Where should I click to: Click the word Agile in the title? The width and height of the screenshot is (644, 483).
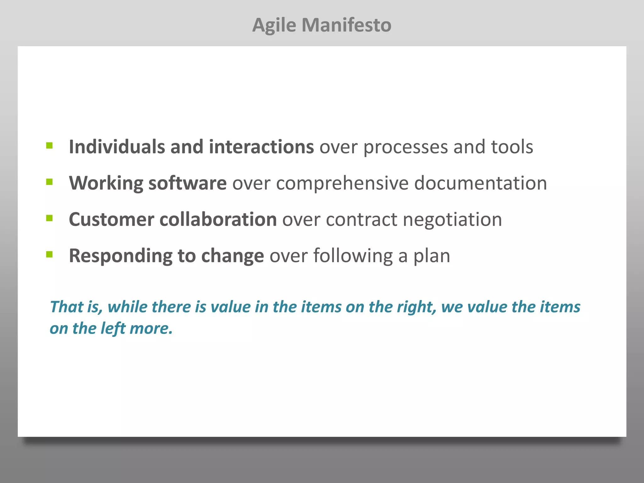pos(274,25)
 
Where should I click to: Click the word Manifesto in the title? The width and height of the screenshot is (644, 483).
pos(347,25)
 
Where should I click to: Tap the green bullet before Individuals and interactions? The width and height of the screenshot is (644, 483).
pos(49,145)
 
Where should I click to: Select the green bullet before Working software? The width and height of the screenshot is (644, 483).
pos(49,182)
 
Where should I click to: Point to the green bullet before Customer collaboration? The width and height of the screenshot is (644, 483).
pos(49,218)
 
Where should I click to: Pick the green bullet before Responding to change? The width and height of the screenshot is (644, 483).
pos(49,254)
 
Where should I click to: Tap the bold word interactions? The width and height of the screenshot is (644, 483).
pos(261,147)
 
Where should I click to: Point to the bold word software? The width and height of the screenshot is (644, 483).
pos(187,183)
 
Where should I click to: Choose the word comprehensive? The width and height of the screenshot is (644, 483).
pos(342,183)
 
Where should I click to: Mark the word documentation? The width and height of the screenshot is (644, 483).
pos(480,183)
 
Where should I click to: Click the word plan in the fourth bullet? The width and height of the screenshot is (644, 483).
pos(431,256)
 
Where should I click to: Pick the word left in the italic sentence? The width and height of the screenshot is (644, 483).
pos(113,328)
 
